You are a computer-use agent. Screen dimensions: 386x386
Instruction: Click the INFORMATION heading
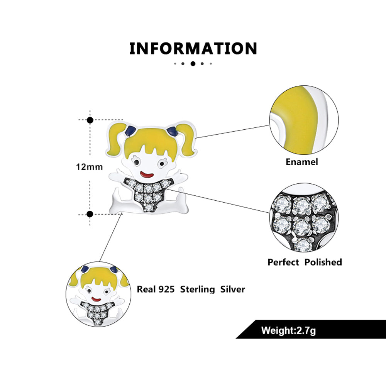coord(193,49)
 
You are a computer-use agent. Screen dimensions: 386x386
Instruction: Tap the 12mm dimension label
coord(89,167)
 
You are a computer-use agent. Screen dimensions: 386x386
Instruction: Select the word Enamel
coord(302,162)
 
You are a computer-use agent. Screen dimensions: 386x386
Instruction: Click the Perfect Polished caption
coord(305,262)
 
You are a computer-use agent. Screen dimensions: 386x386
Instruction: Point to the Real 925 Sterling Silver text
coord(191,289)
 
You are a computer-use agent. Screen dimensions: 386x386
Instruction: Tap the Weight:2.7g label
coord(288,330)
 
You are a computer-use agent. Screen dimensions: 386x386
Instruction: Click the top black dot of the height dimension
coord(90,120)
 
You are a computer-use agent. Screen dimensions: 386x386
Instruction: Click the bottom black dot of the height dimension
coord(90,214)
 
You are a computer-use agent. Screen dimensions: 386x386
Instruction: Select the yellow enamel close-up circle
coord(304,120)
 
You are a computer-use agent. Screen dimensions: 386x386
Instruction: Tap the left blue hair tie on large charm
coord(130,130)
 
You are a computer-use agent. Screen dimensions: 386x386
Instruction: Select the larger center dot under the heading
coord(193,63)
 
